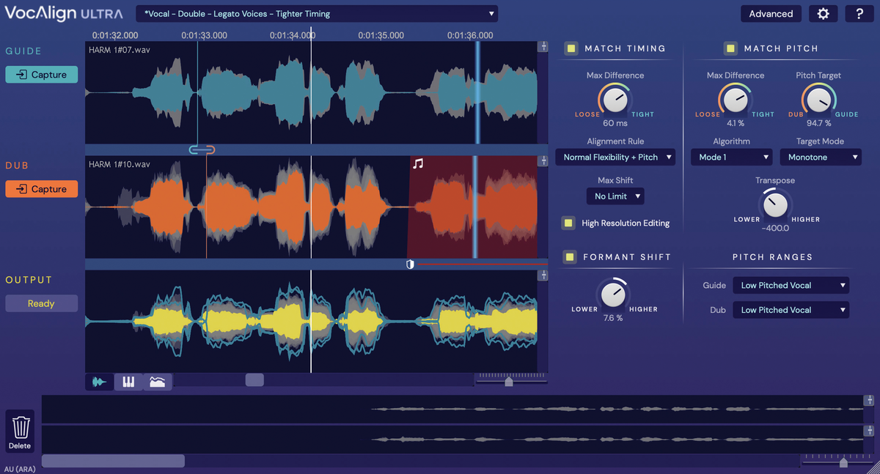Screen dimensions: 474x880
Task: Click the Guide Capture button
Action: [x=41, y=75]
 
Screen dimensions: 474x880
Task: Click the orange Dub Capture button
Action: [x=41, y=189]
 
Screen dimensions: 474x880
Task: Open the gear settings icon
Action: [x=823, y=13]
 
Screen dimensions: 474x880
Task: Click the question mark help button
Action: [x=859, y=13]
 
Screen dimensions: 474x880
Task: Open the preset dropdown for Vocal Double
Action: [x=316, y=14]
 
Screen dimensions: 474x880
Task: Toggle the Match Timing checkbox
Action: [x=571, y=48]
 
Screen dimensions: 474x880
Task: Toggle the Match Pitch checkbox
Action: [x=730, y=48]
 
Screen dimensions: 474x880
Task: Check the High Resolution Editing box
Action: [x=568, y=223]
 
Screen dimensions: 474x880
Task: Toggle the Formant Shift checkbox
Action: [x=570, y=256]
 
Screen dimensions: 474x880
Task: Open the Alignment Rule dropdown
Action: [x=615, y=157]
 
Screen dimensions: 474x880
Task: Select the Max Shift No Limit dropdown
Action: [x=615, y=196]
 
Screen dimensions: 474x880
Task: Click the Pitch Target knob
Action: [x=818, y=99]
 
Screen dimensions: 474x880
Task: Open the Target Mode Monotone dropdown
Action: [x=824, y=157]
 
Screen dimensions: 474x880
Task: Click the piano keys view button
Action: [x=128, y=382]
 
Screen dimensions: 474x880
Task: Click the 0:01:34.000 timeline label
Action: [x=292, y=35]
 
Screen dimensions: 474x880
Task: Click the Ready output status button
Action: [x=41, y=303]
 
